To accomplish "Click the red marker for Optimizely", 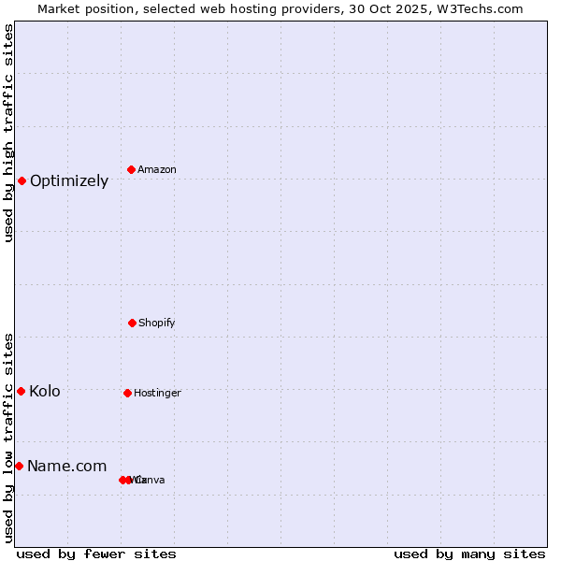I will (x=22, y=180).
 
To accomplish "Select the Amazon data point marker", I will (x=132, y=169).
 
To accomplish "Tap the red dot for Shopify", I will (x=132, y=323).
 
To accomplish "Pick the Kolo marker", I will (x=21, y=391).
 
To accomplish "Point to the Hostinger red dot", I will (x=127, y=393).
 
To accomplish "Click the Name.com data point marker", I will (x=19, y=466).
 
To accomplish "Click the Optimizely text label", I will (x=69, y=181).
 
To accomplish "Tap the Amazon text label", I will (x=157, y=170).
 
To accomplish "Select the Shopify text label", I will (x=157, y=324).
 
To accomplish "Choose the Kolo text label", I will (x=45, y=392).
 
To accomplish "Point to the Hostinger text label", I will (x=157, y=394).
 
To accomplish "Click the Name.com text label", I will (x=67, y=467).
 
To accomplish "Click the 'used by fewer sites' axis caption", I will (x=96, y=554).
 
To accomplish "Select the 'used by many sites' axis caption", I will (x=469, y=554).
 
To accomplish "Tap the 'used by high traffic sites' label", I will (x=8, y=133).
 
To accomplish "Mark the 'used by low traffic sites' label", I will (x=8, y=438).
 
